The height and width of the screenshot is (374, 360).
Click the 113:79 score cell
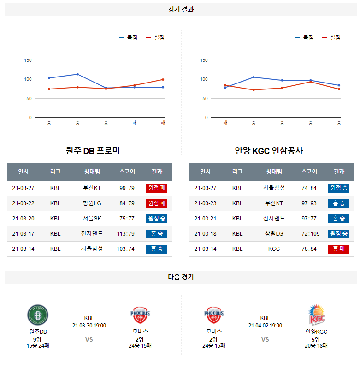point(126,234)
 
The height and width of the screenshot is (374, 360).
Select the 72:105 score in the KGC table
point(309,234)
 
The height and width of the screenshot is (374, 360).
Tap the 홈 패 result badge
point(339,249)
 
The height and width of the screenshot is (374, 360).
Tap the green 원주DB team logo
point(38,315)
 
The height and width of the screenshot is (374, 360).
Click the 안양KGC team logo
point(316,315)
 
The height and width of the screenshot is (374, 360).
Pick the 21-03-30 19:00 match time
point(89,326)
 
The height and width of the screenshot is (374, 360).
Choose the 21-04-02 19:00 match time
point(265,326)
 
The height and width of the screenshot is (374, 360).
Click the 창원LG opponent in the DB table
point(92,203)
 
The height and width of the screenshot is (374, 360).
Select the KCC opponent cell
point(274,249)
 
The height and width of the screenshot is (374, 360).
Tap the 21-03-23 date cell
point(205,203)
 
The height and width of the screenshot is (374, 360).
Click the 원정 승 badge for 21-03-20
point(157,219)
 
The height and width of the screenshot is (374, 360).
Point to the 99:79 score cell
point(126,188)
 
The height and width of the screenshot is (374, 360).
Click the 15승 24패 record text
point(38,346)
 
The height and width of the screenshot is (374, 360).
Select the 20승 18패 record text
point(316,346)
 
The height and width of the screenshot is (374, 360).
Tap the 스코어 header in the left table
point(127,172)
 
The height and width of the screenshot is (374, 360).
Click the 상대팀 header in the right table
point(274,172)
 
